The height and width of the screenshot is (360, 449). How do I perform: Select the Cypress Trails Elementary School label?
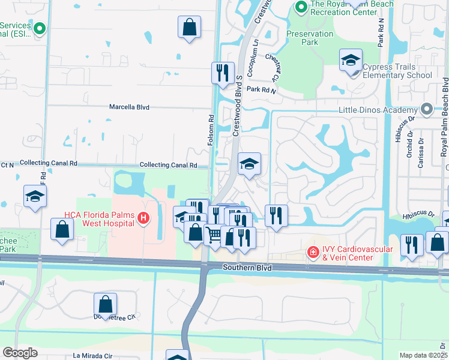(x=397, y=76)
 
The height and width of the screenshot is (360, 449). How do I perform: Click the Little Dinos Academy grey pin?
(x=426, y=110)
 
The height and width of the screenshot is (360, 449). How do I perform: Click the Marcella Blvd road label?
(x=129, y=107)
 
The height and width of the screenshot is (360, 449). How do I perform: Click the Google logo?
(x=20, y=353)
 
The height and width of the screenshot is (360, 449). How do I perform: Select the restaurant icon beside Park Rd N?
(x=223, y=72)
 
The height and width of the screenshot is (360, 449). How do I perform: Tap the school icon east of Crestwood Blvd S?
(x=249, y=163)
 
